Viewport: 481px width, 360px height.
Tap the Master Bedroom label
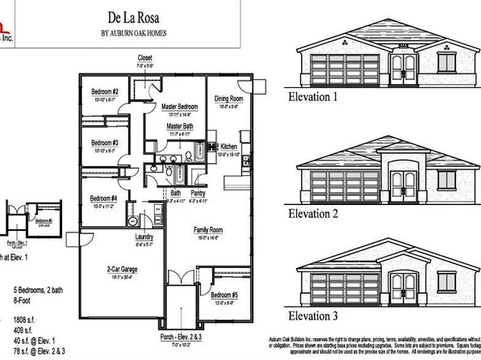coord(179,107)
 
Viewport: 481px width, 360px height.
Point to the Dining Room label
coord(228,98)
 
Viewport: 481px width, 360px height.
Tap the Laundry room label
coord(144,237)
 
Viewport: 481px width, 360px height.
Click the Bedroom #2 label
coord(104,92)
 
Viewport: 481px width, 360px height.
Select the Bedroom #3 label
coord(104,143)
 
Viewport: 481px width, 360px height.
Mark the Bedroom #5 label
coord(224,295)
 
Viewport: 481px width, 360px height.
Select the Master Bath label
coord(179,127)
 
